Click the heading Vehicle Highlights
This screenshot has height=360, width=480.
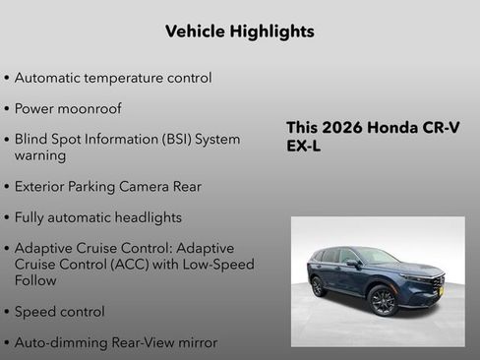240,31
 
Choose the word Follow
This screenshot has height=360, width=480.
36,280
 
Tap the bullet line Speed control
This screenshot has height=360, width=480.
59,312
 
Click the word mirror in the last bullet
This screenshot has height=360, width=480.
195,342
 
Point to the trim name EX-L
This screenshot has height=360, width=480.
304,147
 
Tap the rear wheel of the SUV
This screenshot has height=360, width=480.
319,286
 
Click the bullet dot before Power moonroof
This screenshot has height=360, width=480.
8,109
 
